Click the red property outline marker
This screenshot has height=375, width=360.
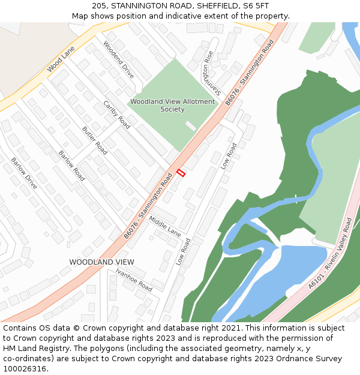click(181, 173)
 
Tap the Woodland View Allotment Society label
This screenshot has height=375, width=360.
click(172, 106)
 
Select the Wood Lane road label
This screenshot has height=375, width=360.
click(61, 59)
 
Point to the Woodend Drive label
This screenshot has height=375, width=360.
click(118, 60)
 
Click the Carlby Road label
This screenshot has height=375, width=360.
click(116, 114)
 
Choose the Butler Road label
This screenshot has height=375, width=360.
click(94, 140)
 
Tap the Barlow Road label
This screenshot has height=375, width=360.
click(71, 166)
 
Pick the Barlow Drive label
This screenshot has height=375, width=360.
click(24, 173)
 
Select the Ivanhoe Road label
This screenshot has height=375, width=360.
click(134, 280)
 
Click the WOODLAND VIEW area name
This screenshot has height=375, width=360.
click(101, 262)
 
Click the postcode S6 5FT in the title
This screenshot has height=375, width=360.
click(256, 5)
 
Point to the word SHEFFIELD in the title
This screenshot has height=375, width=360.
click(211, 5)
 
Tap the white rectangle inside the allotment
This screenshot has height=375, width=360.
click(190, 125)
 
